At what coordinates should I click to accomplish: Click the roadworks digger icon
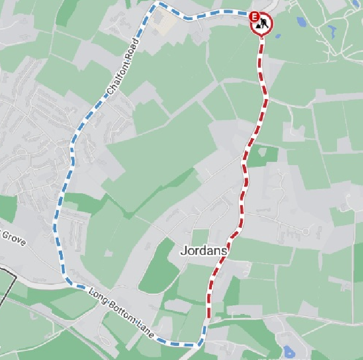point(263,24)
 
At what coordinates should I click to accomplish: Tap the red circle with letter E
point(254,16)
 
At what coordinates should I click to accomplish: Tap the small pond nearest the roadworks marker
point(278,36)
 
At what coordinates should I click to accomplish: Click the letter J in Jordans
point(183,251)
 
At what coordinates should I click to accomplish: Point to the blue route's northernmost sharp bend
point(157,4)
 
